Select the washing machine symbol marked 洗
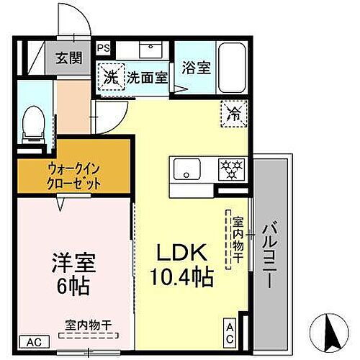pos(112,76)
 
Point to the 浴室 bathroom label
pos(196,69)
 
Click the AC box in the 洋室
pos(33,341)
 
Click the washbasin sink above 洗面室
pos(152,51)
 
